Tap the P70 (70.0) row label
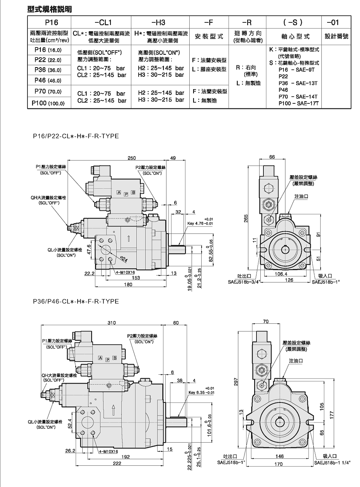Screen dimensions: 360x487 (x=48, y=91)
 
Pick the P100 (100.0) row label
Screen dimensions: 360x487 (x=48, y=103)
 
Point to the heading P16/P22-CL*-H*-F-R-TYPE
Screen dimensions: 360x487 (x=76, y=136)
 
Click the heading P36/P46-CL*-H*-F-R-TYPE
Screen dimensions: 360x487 (x=76, y=301)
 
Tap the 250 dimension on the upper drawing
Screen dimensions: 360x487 (x=132, y=158)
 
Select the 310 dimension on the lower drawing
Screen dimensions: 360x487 (x=112, y=323)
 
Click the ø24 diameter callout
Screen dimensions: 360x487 (x=124, y=259)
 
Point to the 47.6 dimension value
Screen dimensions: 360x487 (x=89, y=249)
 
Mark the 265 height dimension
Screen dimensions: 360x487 (x=246, y=218)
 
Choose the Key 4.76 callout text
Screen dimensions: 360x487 (x=200, y=223)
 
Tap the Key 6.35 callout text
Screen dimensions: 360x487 (x=201, y=392)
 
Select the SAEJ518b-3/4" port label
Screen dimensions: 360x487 (x=244, y=282)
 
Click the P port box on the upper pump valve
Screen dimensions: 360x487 (x=126, y=194)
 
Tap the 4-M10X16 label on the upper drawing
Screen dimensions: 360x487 (x=126, y=272)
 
